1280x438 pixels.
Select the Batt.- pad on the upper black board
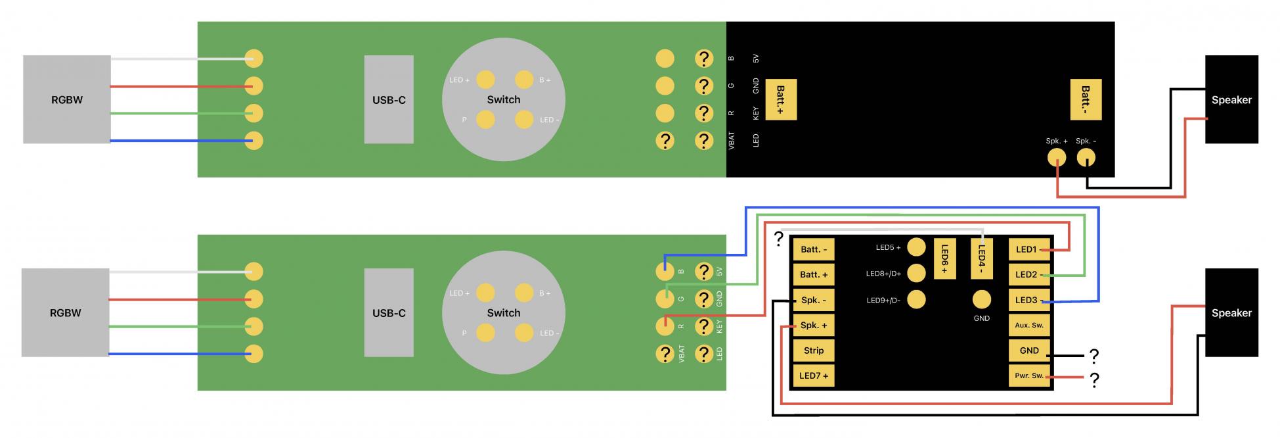[1086, 100]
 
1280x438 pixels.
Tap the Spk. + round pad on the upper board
[1056, 158]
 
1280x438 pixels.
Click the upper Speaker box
[1231, 99]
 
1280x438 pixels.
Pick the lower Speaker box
[1231, 313]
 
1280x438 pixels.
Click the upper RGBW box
[66, 99]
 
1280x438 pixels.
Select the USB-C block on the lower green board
[389, 313]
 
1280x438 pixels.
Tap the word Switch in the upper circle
[503, 100]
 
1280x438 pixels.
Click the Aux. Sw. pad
[1028, 326]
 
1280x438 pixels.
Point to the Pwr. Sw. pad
[1028, 376]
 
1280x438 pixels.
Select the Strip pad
[814, 351]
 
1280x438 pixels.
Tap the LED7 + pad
[814, 376]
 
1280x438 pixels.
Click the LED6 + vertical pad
[944, 258]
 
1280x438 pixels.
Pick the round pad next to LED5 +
[916, 248]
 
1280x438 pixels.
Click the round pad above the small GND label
[981, 300]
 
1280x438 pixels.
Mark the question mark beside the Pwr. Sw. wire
[1094, 380]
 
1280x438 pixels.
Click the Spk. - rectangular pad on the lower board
[814, 300]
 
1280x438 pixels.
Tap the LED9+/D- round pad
[916, 300]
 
